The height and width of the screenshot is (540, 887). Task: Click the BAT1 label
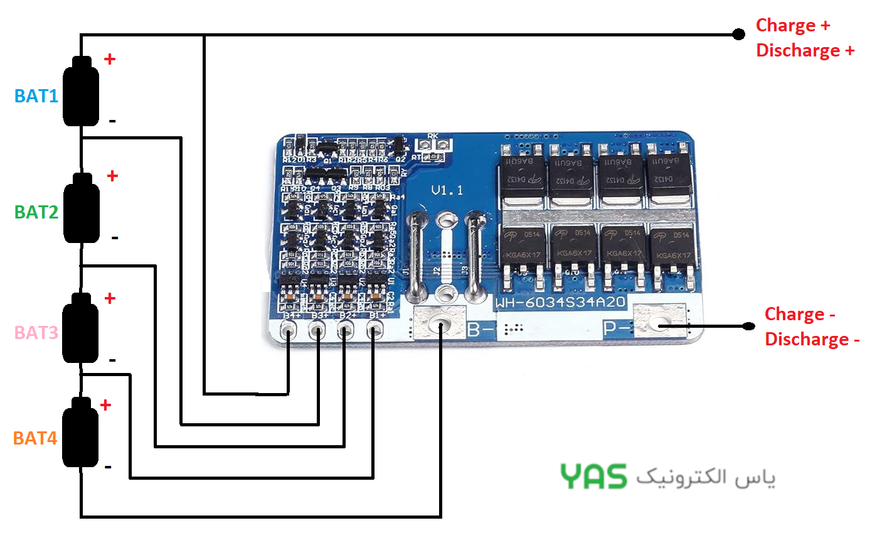[x=36, y=96]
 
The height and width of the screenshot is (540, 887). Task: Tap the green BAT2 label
[x=36, y=212]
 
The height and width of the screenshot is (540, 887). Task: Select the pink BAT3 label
[x=36, y=332]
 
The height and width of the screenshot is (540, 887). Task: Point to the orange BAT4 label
[x=35, y=438]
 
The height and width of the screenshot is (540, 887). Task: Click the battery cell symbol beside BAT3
[x=81, y=328]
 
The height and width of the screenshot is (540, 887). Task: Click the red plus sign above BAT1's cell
[x=110, y=59]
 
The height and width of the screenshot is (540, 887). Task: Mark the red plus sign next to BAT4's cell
[x=105, y=405]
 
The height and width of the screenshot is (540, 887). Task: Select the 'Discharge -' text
[x=812, y=340]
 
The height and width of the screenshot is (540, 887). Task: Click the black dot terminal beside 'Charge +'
[x=738, y=34]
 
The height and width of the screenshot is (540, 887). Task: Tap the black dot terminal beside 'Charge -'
[x=748, y=326]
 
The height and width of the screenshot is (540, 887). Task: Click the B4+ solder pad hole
[x=288, y=329]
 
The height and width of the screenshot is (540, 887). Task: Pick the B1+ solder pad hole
[x=374, y=329]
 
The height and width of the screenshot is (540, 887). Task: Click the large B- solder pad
[x=440, y=324]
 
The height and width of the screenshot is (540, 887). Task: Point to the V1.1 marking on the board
[x=447, y=190]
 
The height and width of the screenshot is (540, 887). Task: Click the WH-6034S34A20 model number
[x=560, y=302]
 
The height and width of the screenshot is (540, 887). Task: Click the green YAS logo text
[x=593, y=477]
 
